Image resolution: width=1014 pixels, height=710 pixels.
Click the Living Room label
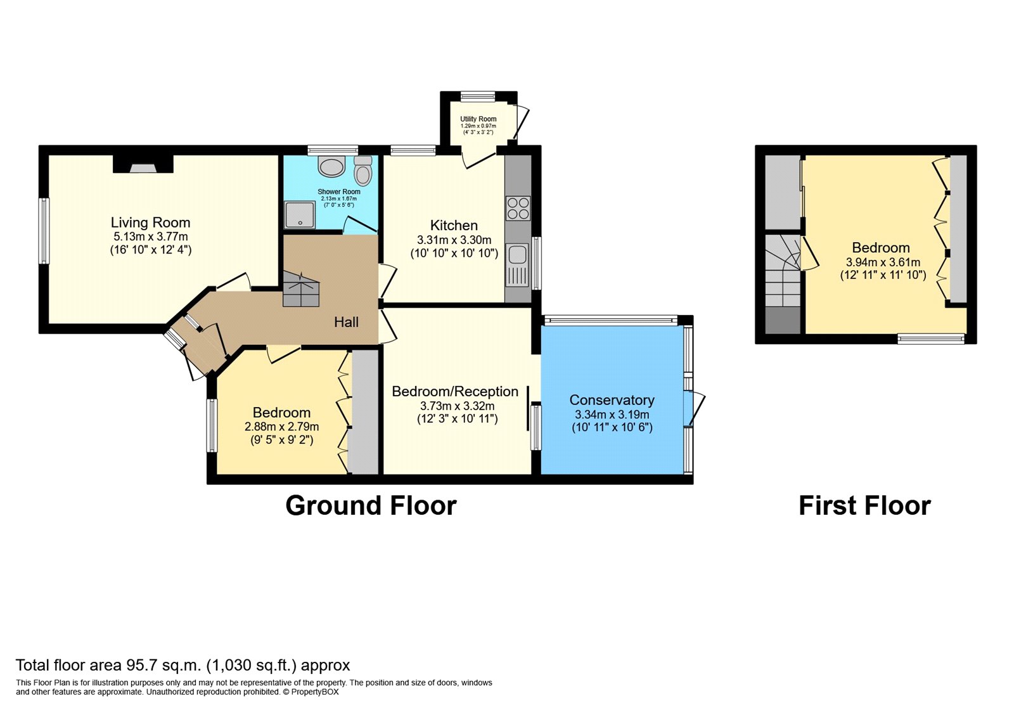pyautogui.click(x=150, y=223)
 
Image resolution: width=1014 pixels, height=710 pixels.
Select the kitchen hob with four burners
pyautogui.click(x=518, y=208)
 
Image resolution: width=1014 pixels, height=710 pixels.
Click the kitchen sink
pyautogui.click(x=517, y=254)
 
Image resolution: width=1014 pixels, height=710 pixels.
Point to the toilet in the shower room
pyautogui.click(x=363, y=171)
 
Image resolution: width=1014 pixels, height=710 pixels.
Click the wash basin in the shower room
pyautogui.click(x=331, y=167)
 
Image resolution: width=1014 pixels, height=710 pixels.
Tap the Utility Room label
pyautogui.click(x=478, y=119)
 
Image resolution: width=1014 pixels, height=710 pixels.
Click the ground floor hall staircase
pyautogui.click(x=300, y=290)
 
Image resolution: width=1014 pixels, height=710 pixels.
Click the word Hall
pyautogui.click(x=346, y=322)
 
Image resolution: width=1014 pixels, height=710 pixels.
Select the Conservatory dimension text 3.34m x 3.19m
pyautogui.click(x=612, y=415)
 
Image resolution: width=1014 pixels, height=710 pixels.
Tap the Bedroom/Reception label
pyautogui.click(x=454, y=392)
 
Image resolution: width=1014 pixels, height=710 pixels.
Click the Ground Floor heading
pyautogui.click(x=371, y=506)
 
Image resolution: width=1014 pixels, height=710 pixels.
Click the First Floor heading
pyautogui.click(x=864, y=506)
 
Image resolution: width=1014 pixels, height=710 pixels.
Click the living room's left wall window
pyautogui.click(x=44, y=231)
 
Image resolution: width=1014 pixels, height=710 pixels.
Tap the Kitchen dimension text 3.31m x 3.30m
pyautogui.click(x=454, y=240)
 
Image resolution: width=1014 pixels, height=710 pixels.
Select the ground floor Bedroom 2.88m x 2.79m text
pyautogui.click(x=281, y=427)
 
